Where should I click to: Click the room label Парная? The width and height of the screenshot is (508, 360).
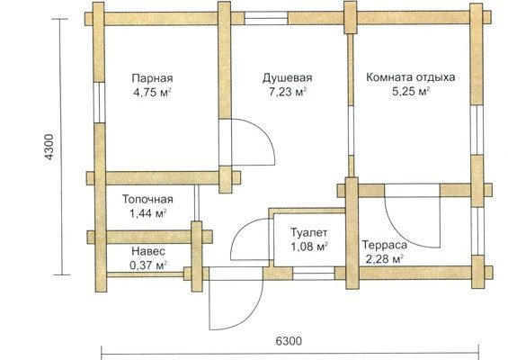152,79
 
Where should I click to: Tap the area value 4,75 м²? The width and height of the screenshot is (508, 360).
152,93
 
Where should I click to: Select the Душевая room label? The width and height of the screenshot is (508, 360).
288,78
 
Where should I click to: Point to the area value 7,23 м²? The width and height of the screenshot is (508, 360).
288,92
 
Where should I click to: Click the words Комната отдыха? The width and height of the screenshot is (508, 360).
411,77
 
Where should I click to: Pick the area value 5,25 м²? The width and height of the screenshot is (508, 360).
411,92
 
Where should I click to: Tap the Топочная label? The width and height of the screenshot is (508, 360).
147,199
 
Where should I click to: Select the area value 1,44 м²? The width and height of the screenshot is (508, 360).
148,213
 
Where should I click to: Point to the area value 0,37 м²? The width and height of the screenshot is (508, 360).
148,265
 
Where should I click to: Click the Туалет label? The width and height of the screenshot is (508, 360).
308,232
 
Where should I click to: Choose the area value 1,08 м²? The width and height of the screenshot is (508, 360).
308,247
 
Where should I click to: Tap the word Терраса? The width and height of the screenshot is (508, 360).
384,245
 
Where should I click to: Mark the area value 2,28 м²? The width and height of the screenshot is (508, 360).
384,259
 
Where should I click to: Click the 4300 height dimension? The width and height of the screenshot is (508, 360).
49,147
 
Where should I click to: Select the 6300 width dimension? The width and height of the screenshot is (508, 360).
289,341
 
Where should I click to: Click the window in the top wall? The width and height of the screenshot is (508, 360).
266,18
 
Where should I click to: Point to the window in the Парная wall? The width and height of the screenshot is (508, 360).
100,103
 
